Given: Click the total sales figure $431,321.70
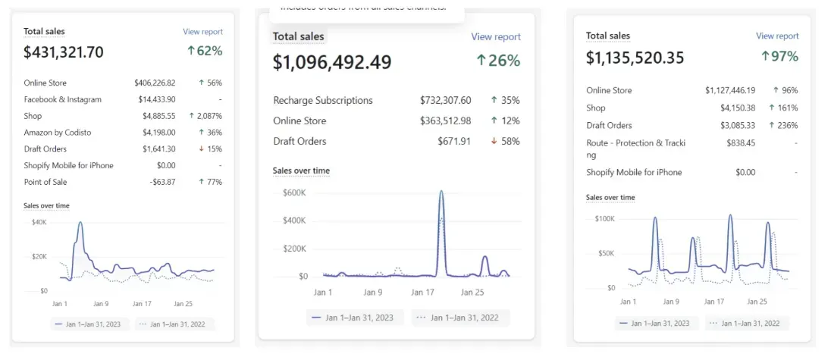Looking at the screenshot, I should point(64,52).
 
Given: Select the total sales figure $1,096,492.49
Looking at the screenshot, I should point(332,62).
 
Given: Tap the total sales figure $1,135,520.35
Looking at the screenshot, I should point(646,58).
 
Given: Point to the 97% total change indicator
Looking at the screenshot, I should point(779,57).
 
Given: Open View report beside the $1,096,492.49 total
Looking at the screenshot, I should point(496,36).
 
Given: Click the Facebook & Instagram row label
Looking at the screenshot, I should point(62,99).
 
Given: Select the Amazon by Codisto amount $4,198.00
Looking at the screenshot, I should point(158,133).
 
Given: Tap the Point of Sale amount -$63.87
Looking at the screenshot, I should point(161,182).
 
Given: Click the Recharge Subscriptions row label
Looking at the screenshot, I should point(323,100).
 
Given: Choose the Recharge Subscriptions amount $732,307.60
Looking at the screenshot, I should point(445,100).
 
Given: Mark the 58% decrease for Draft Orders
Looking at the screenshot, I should point(505,141).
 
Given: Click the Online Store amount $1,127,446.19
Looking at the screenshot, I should point(730,90).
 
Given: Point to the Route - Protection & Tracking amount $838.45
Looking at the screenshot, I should point(739,142).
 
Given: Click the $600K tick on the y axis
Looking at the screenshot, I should point(294,193).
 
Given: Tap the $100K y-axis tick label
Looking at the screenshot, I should point(604,218).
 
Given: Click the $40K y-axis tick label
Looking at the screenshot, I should point(39,222).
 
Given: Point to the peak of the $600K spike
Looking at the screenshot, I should point(441,192).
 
